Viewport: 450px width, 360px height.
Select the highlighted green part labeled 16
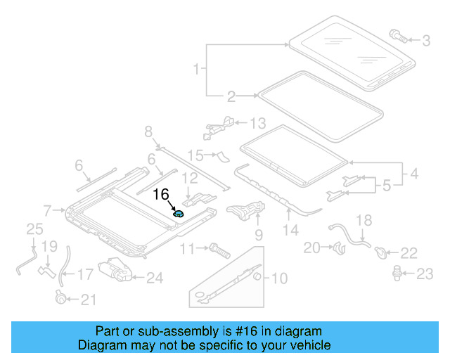click(x=179, y=214)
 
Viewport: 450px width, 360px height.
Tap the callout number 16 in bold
click(x=161, y=195)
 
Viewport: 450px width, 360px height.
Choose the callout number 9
click(x=258, y=234)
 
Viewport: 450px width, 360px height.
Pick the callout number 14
click(x=290, y=229)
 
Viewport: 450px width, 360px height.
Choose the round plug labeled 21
click(x=61, y=298)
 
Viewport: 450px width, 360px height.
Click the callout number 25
click(x=34, y=229)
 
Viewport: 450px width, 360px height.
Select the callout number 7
click(x=48, y=210)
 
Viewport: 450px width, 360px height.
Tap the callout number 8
click(x=148, y=131)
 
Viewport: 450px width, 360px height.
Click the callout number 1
click(x=196, y=69)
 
